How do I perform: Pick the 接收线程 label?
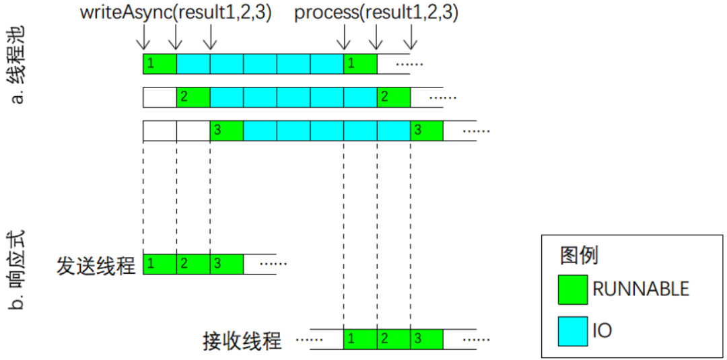(242, 341)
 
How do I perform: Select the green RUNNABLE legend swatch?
(574, 289)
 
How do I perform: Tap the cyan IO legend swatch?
(574, 330)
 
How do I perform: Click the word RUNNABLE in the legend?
(641, 289)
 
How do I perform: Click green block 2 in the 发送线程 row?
(193, 264)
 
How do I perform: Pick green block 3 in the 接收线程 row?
(427, 340)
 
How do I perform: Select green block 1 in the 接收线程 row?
(360, 340)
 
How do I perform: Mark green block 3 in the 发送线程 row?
(227, 264)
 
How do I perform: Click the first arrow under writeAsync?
(143, 37)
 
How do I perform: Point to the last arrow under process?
(411, 37)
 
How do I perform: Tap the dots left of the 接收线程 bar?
(306, 340)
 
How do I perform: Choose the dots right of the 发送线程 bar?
(273, 264)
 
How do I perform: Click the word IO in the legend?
(602, 330)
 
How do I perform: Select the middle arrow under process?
(377, 37)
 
